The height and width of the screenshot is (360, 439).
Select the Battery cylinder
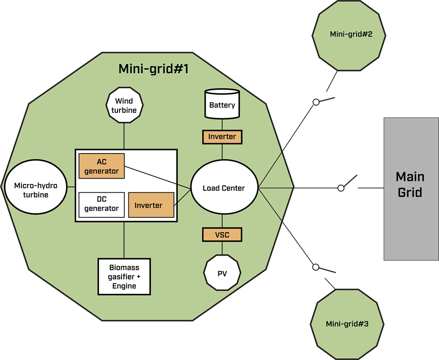[x=222, y=104]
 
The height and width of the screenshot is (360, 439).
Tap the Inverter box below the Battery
[x=222, y=137]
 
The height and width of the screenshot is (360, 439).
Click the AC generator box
[x=101, y=166]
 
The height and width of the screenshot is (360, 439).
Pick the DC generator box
[x=101, y=204]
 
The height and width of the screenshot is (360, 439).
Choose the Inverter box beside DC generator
[x=151, y=205]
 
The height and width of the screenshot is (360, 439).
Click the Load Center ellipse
[x=224, y=188]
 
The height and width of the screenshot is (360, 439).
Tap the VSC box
[x=222, y=234]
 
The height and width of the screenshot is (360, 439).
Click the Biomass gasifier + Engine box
[x=124, y=277]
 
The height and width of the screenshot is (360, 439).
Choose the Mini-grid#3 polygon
[x=346, y=324]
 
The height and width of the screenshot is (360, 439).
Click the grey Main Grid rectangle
[x=411, y=189]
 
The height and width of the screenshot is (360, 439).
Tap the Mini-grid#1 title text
[x=153, y=69]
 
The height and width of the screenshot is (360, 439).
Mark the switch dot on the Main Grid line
[x=341, y=188]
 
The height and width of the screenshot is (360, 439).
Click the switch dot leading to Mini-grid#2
[x=316, y=102]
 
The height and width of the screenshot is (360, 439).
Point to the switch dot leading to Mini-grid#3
[x=316, y=267]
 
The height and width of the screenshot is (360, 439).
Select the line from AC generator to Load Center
[x=157, y=177]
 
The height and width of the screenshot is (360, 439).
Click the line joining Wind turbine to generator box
[x=124, y=134]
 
